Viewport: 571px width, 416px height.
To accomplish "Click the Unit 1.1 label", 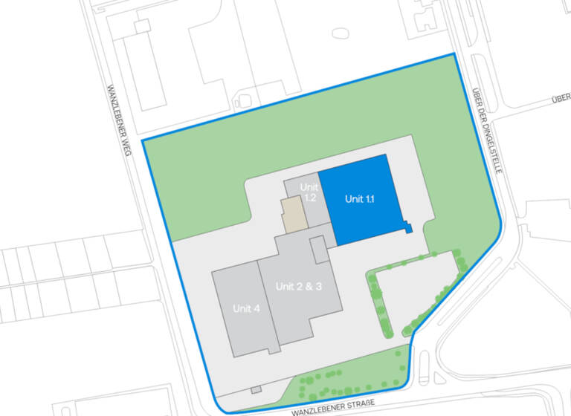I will (x=359, y=199).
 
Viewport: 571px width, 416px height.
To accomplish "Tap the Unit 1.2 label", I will (x=309, y=192).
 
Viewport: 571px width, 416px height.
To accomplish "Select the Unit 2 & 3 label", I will (x=298, y=286).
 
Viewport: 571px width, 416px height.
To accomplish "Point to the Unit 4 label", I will (x=246, y=308).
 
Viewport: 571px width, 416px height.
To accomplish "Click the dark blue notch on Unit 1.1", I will (x=407, y=227).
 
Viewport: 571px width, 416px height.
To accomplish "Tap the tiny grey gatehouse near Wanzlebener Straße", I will (x=256, y=389).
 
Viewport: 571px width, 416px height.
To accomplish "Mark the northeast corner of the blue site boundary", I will (x=454, y=54).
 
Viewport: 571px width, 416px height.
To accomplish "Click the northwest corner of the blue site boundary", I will (x=142, y=140).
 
